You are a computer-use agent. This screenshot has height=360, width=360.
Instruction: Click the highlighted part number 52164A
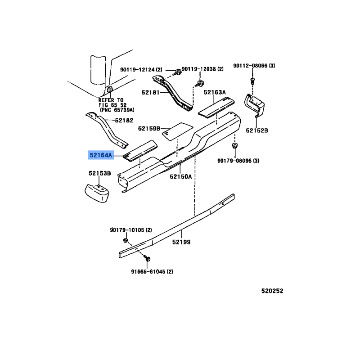point(101,155)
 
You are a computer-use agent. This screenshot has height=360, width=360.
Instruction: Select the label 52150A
point(181,176)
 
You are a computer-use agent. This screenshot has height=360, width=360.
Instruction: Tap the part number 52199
point(181,242)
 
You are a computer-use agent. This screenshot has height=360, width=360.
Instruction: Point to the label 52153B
point(99,173)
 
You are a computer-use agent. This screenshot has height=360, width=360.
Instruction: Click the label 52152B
point(257,130)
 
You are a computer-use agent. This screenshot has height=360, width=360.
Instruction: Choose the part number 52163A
point(215,92)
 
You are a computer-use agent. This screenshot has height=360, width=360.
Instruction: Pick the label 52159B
point(149,129)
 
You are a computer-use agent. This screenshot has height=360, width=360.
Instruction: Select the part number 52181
point(150,93)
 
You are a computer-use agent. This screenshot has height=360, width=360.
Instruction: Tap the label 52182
point(124,121)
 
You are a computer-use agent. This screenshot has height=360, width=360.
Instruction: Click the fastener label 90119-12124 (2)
point(141,70)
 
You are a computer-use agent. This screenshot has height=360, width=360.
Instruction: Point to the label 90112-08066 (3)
point(254,66)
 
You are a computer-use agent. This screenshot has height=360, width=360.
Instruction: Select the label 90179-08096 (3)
point(238,161)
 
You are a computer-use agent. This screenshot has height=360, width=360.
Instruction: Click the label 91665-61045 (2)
point(152,272)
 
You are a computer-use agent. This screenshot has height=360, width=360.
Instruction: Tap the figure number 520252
point(272,291)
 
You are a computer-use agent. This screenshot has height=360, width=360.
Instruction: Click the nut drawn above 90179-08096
point(234,145)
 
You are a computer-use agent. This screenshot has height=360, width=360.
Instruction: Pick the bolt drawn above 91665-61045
point(147,258)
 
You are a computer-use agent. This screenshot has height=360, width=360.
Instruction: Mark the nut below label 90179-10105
point(126,240)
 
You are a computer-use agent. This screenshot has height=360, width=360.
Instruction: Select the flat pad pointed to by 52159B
point(177,131)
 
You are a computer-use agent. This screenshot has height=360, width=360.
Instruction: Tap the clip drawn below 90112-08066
point(252,81)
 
